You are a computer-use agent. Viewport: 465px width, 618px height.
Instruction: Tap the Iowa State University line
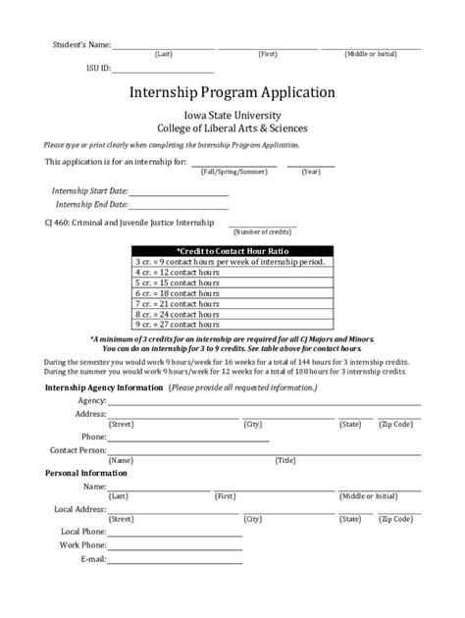pos(232,114)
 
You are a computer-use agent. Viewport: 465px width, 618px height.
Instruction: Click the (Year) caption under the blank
pos(311,172)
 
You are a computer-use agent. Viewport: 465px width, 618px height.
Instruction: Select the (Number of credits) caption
pos(262,232)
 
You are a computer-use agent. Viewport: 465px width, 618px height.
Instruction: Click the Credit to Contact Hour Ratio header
pos(232,251)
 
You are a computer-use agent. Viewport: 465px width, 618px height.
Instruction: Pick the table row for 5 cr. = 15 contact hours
pos(232,283)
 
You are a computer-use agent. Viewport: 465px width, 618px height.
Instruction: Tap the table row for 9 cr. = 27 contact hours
pos(232,324)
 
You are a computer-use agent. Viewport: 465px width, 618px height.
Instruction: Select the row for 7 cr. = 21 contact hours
pos(232,303)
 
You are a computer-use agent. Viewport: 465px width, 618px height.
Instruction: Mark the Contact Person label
pos(77,449)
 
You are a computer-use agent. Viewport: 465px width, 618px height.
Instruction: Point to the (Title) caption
pos(285,460)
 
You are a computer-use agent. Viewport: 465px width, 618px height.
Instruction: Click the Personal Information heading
pos(86,473)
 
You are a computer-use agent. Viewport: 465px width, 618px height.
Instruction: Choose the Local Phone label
pos(82,531)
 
